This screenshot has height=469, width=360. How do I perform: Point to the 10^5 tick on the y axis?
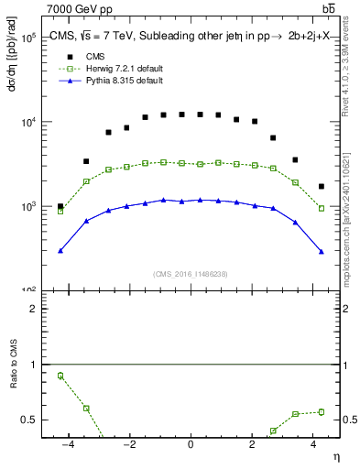click(x=28, y=38)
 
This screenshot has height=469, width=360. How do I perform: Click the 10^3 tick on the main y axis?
click(x=28, y=207)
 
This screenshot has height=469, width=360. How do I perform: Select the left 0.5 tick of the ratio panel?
click(x=30, y=420)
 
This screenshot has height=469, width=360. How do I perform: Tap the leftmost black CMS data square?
click(x=60, y=207)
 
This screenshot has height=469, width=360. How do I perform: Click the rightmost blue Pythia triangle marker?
click(x=321, y=251)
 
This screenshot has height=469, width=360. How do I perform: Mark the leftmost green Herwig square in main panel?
click(x=60, y=211)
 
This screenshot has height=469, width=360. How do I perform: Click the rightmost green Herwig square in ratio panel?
click(x=321, y=411)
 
